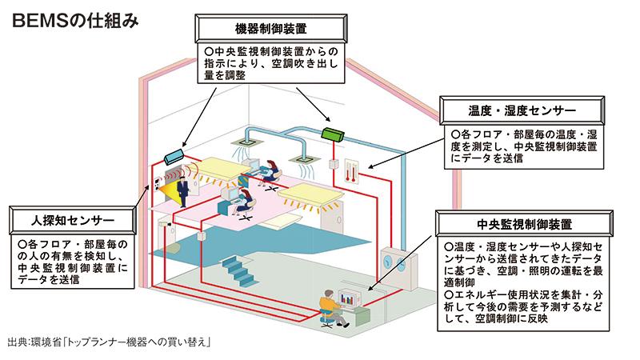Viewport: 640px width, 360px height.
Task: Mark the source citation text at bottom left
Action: (107, 343)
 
